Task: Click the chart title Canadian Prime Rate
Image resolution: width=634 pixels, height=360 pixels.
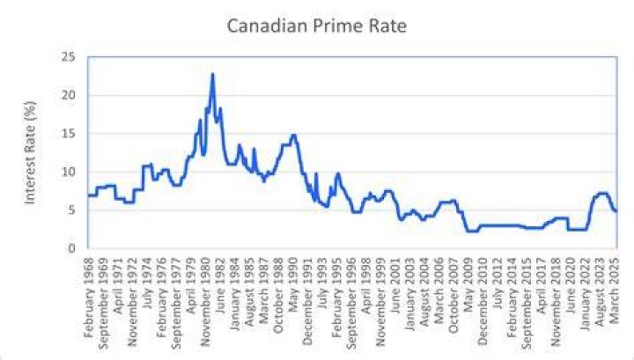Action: (x=317, y=26)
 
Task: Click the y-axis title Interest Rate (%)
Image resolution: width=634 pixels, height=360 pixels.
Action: (x=30, y=153)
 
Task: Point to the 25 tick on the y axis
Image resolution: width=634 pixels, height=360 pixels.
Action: (x=69, y=57)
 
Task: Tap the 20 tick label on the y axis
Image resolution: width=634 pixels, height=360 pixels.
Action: (x=69, y=95)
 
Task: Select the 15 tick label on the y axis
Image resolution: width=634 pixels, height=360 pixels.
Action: (x=69, y=134)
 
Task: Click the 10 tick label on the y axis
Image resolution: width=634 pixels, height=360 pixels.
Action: (x=69, y=173)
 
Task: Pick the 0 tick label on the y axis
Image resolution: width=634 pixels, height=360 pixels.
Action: (x=72, y=248)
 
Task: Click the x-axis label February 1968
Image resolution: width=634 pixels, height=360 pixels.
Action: (x=89, y=297)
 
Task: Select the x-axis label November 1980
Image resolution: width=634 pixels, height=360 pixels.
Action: (x=206, y=301)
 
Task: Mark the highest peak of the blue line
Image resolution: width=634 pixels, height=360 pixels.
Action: (x=213, y=74)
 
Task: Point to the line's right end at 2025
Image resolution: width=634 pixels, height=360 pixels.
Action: (x=616, y=211)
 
